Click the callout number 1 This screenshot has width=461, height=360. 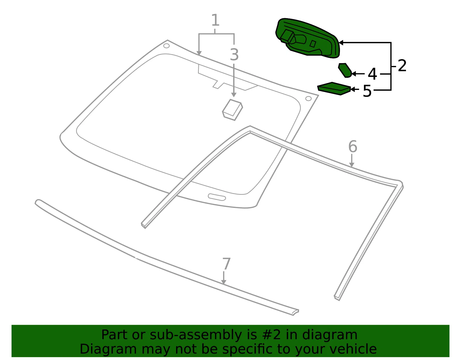tap(215, 20)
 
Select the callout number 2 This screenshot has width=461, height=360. tap(402, 65)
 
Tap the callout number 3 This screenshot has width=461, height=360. tap(234, 54)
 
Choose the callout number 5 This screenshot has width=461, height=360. tap(367, 91)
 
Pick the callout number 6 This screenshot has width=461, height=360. tap(353, 146)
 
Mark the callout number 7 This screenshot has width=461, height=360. tap(226, 264)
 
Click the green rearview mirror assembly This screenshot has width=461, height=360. tap(308, 38)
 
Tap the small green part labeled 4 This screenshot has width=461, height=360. tap(345, 70)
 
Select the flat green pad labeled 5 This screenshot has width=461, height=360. tap(334, 88)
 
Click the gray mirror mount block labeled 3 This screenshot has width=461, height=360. tap(233, 110)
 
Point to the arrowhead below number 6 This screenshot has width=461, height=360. tap(352, 165)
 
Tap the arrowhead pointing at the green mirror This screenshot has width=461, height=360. tap(341, 43)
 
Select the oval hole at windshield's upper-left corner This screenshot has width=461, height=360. tap(167, 46)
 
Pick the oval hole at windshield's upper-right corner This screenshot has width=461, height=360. tap(309, 99)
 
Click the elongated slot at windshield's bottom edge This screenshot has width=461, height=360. tap(217, 197)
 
